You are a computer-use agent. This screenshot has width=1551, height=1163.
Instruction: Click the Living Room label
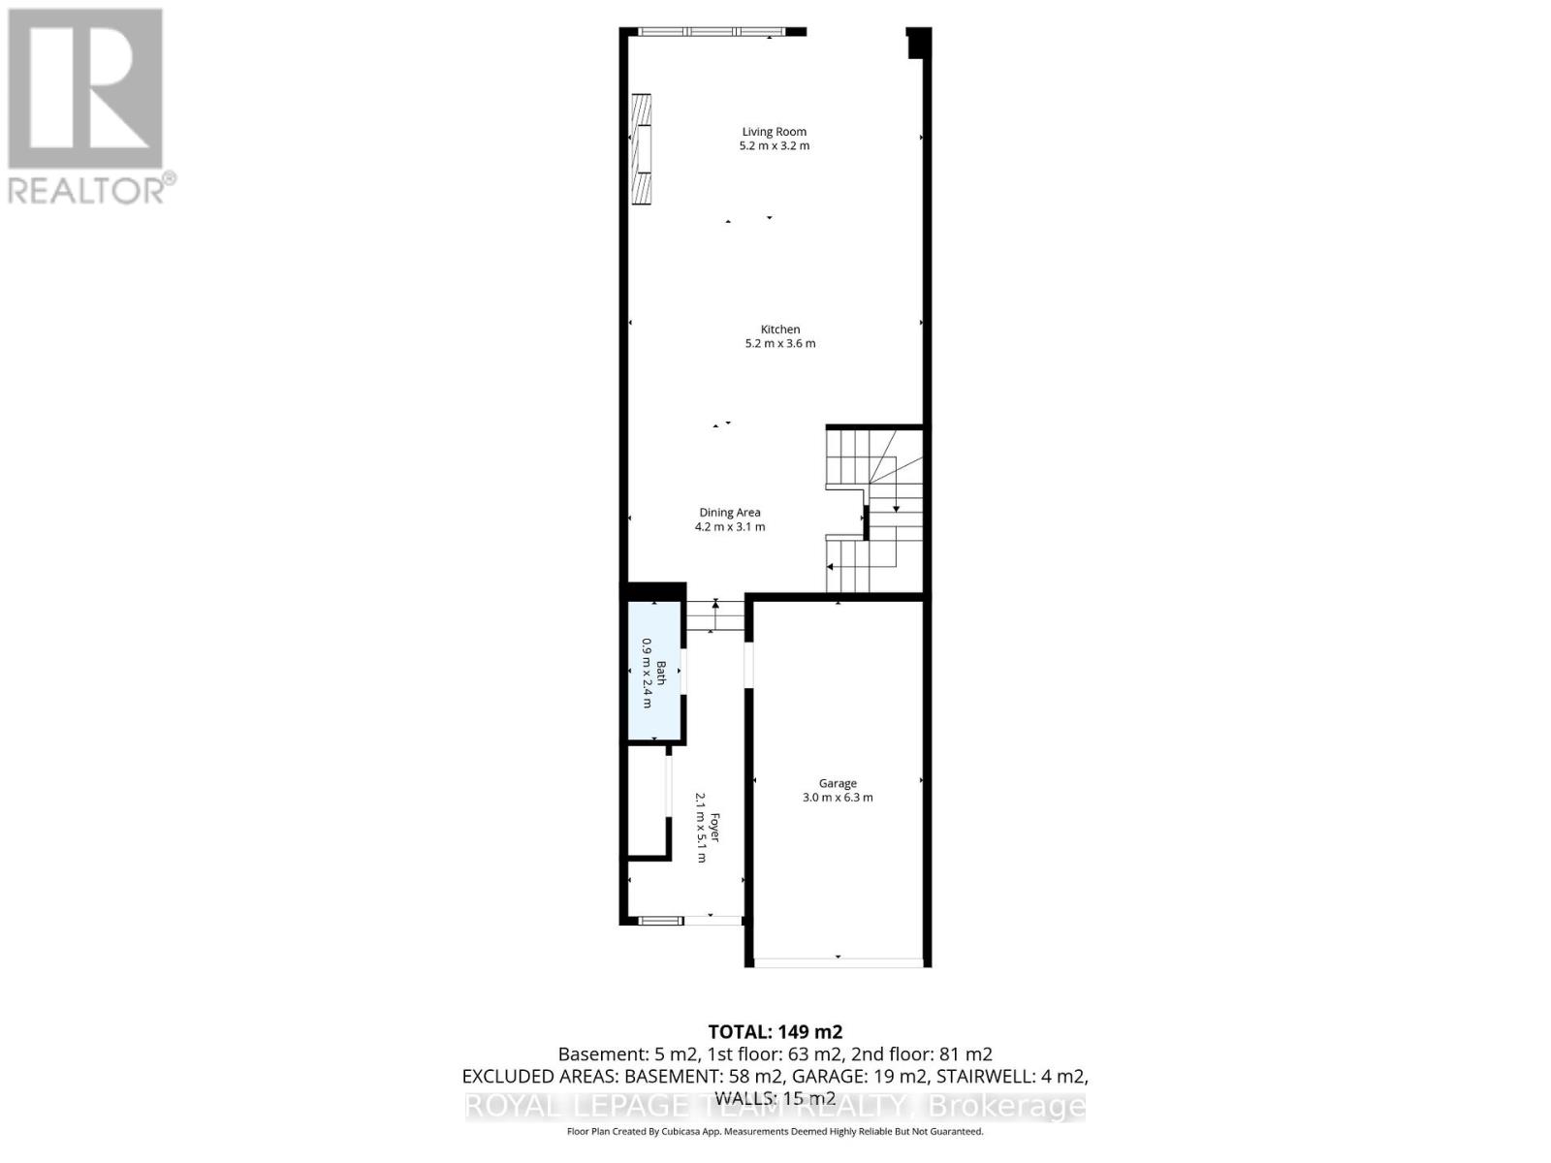pyautogui.click(x=774, y=132)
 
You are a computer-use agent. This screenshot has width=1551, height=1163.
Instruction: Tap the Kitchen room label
pyautogui.click(x=779, y=330)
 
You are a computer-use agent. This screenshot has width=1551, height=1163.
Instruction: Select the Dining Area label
pyautogui.click(x=730, y=513)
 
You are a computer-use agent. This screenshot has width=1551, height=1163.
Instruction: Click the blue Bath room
pyautogui.click(x=654, y=672)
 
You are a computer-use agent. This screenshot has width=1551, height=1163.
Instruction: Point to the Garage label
pyautogui.click(x=838, y=783)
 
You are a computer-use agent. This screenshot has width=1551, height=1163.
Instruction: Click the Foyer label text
pyautogui.click(x=715, y=827)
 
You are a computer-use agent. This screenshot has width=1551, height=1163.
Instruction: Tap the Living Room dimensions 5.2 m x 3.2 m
pyautogui.click(x=774, y=146)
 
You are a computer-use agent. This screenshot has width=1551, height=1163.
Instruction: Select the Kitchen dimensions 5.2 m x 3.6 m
pyautogui.click(x=779, y=344)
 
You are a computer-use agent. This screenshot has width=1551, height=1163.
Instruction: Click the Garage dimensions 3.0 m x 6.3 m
pyautogui.click(x=838, y=798)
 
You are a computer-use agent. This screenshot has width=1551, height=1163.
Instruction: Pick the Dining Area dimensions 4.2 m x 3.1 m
pyautogui.click(x=730, y=527)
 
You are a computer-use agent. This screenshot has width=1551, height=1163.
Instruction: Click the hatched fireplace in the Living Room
pyautogui.click(x=641, y=148)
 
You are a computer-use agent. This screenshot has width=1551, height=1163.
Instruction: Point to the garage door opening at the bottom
pyautogui.click(x=839, y=961)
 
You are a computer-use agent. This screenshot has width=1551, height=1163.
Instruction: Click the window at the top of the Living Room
pyautogui.click(x=713, y=32)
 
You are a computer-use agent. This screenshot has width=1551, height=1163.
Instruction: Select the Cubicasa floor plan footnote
pyautogui.click(x=775, y=1131)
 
